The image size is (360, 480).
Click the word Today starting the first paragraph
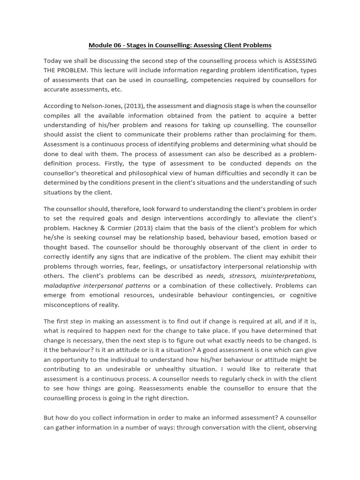click(x=53, y=61)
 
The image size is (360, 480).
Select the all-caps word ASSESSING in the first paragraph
click(x=300, y=61)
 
